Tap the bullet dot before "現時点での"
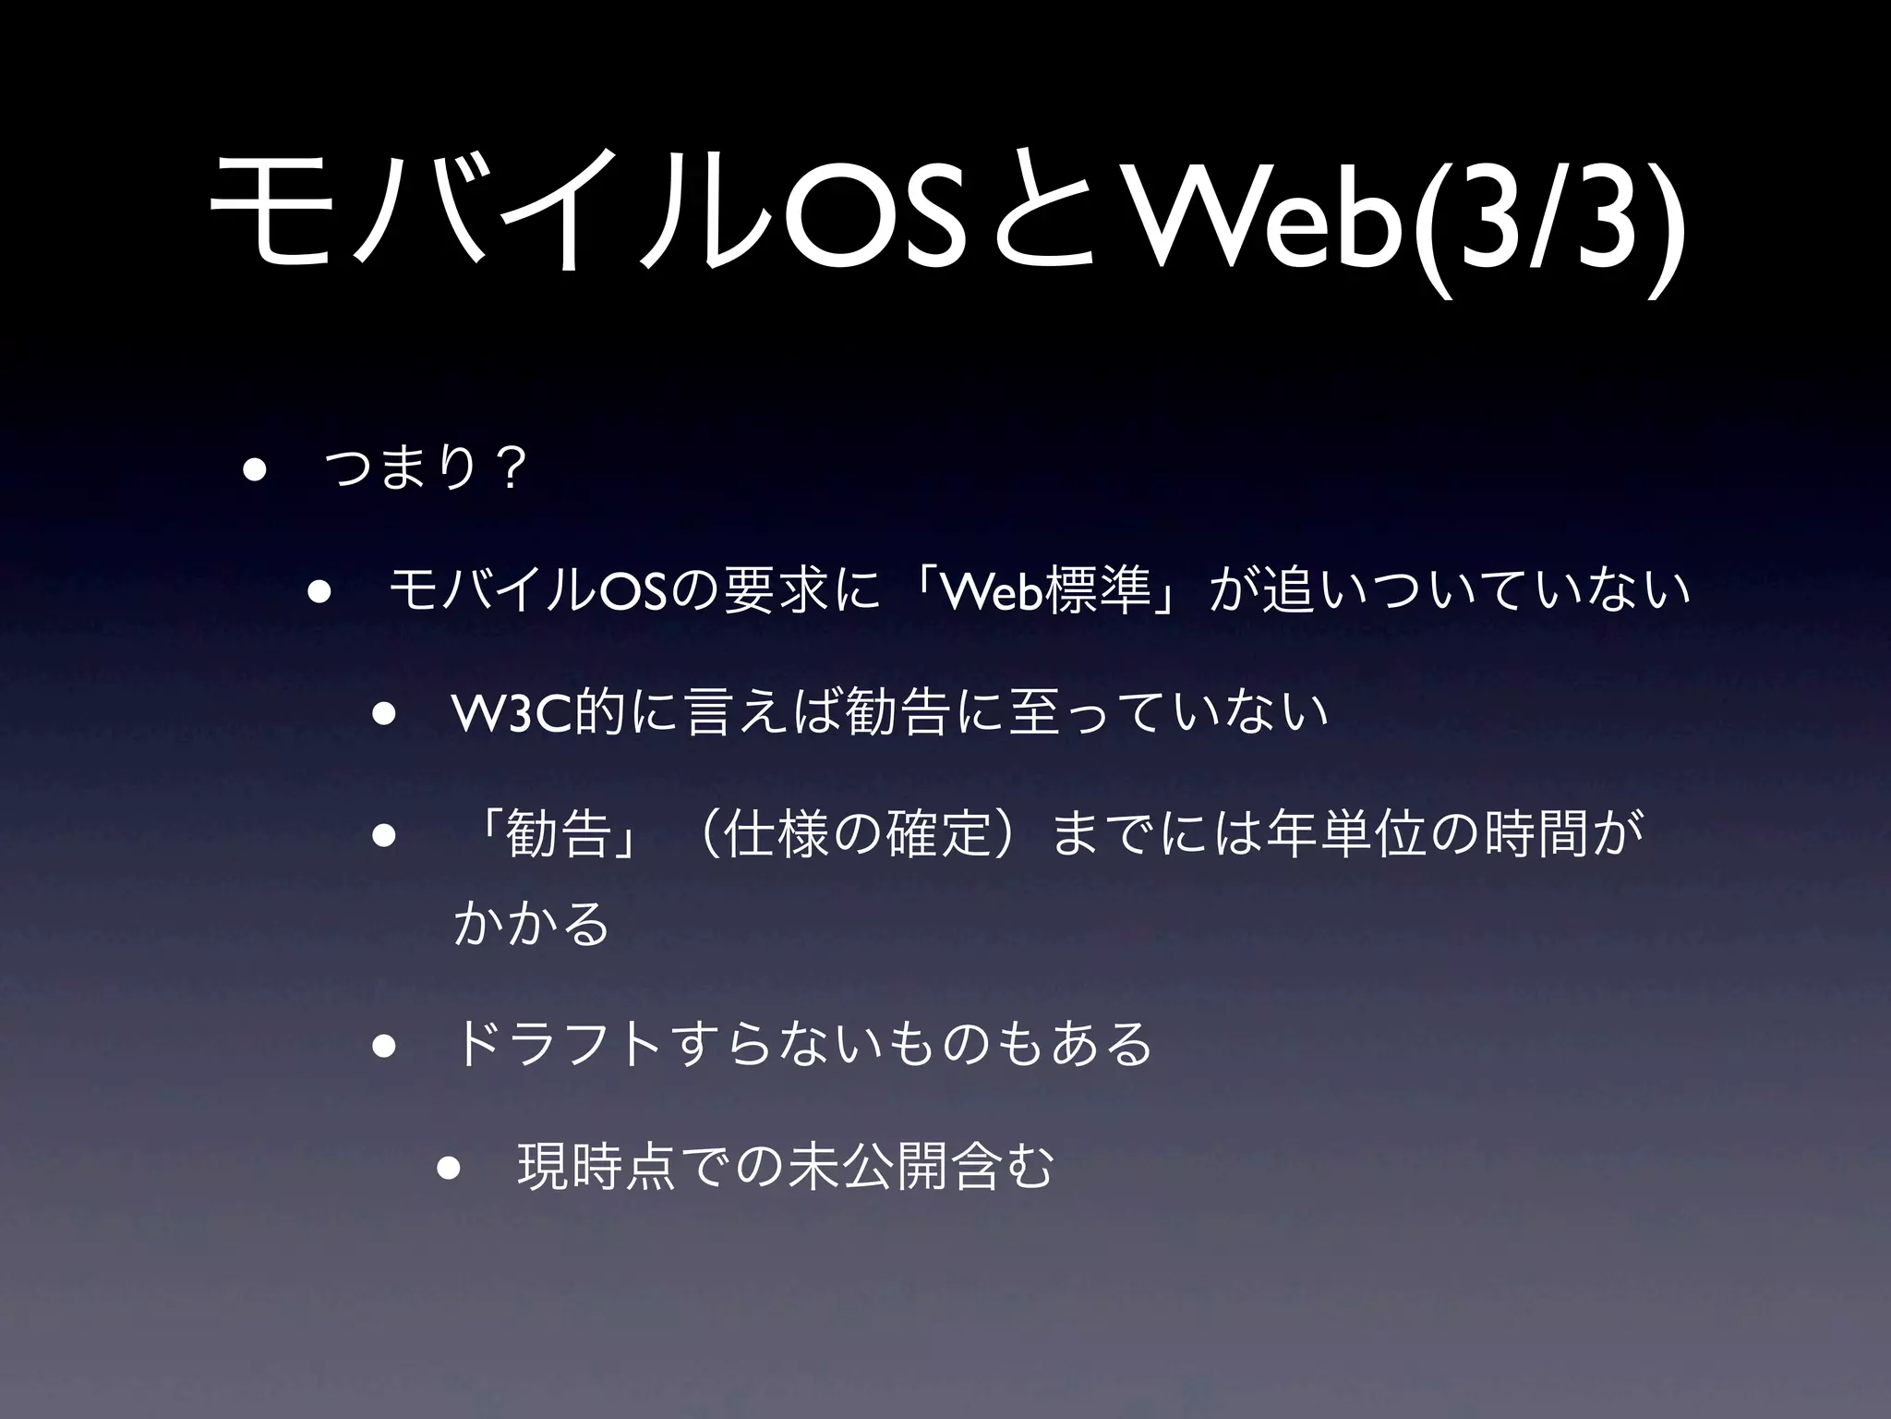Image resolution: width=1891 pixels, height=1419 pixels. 449,1167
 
